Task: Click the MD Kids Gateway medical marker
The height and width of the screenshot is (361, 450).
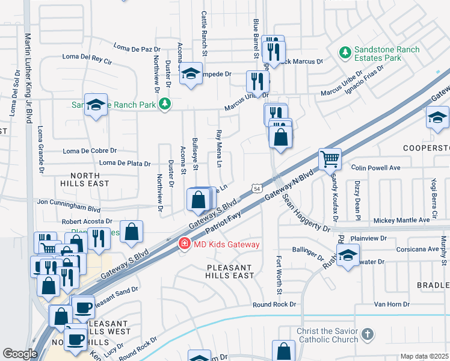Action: tap(184, 244)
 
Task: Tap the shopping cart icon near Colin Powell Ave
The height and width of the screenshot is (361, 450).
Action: tap(330, 159)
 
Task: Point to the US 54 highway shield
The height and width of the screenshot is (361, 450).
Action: tap(256, 188)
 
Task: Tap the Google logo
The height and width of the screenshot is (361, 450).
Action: tap(20, 353)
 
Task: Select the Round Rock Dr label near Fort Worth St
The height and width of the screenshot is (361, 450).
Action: tap(274, 305)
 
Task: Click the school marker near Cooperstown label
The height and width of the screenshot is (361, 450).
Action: tap(437, 118)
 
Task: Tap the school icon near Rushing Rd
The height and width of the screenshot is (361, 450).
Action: tap(348, 255)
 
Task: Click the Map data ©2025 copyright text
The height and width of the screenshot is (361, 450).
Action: tap(424, 356)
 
